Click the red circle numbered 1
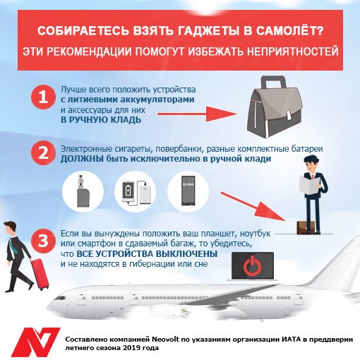pyautogui.click(x=43, y=97)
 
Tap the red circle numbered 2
pyautogui.click(x=43, y=153)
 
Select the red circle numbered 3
pyautogui.click(x=43, y=241)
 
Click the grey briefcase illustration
pyautogui.click(x=274, y=107)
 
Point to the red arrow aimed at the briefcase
pyautogui.click(x=197, y=114)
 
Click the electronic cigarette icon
pyautogui.click(x=83, y=191)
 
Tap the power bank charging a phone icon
pyautogui.click(x=136, y=191)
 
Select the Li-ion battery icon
pyautogui.click(x=188, y=191)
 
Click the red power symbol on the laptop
pyautogui.click(x=253, y=266)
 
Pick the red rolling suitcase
pyautogui.click(x=40, y=274)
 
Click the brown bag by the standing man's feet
pyautogui.click(x=306, y=227)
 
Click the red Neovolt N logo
pyautogui.click(x=35, y=342)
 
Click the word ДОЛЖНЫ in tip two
pyautogui.click(x=82, y=159)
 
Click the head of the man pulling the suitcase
pyautogui.click(x=10, y=227)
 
